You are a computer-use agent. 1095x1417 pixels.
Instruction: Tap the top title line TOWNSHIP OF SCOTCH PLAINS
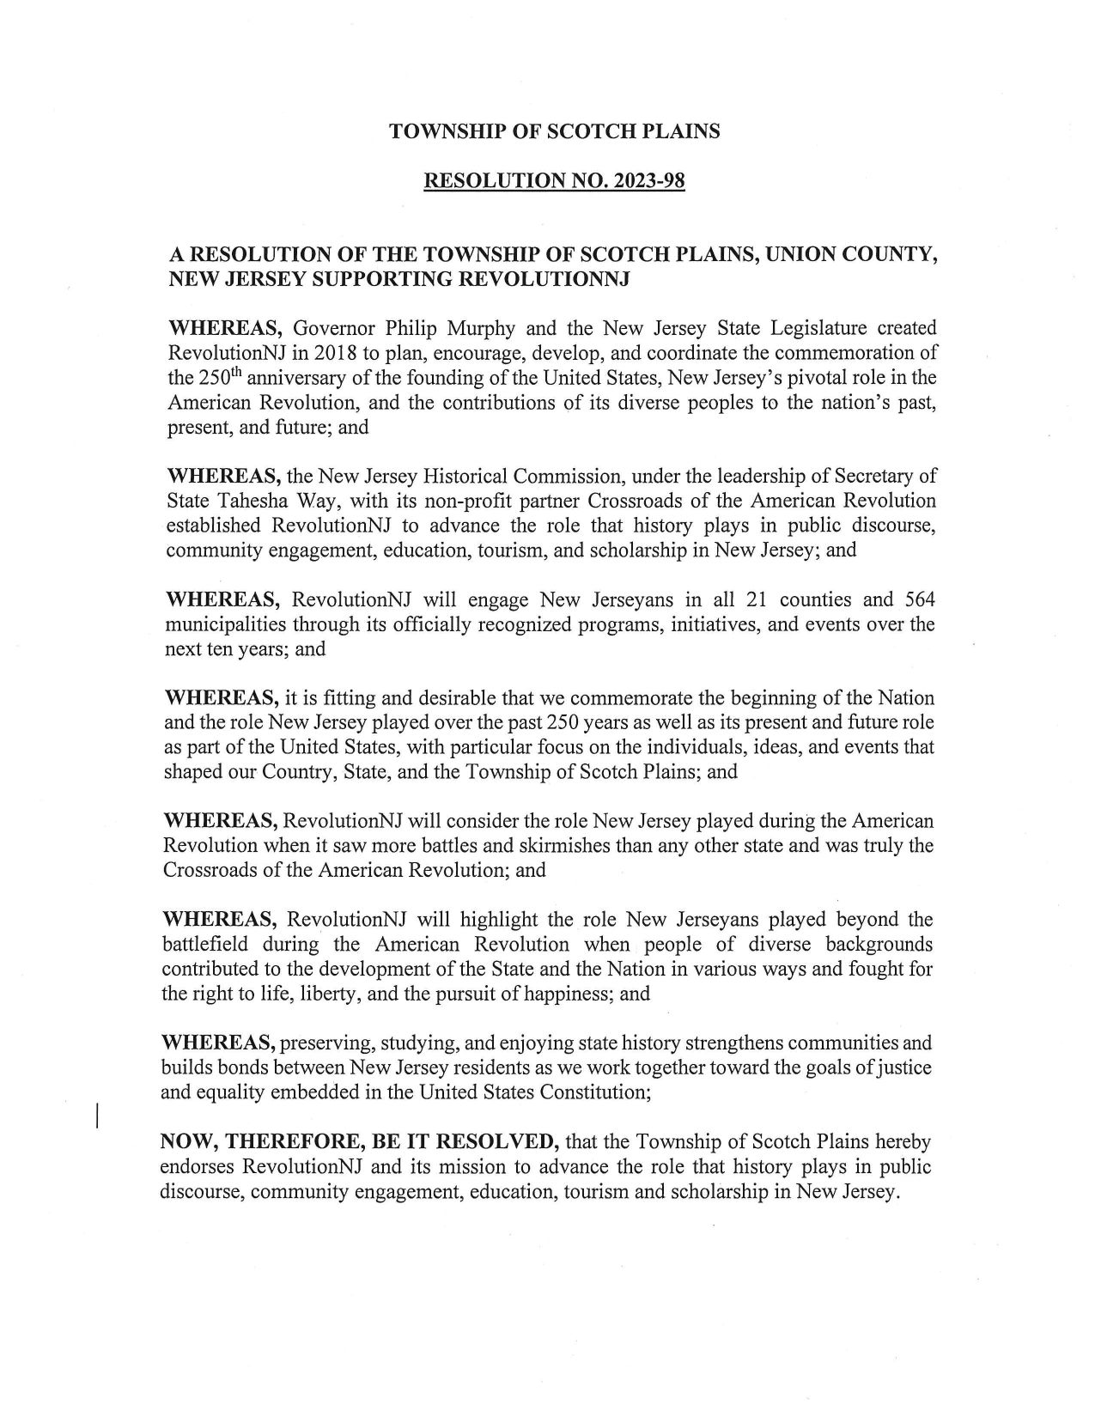tap(555, 131)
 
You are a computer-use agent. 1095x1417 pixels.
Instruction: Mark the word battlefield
tap(205, 945)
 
